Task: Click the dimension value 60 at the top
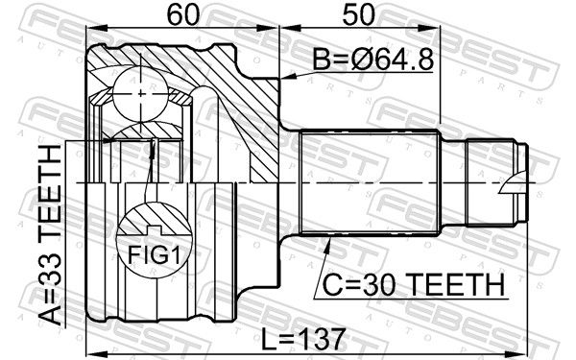click(182, 15)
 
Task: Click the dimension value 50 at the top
click(358, 15)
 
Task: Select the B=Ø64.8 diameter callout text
click(373, 60)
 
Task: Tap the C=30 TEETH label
click(413, 285)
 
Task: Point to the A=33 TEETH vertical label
click(50, 235)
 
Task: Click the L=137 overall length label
click(303, 339)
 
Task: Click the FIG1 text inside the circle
click(155, 255)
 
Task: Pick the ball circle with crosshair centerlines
click(141, 94)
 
